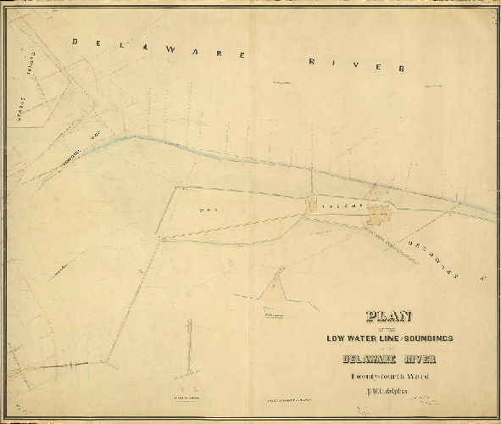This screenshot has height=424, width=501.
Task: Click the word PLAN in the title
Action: click(x=389, y=317)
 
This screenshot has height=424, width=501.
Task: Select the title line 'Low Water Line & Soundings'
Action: click(x=391, y=338)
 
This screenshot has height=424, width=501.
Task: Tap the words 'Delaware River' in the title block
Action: click(x=391, y=356)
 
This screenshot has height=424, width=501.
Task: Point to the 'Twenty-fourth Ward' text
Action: click(x=390, y=376)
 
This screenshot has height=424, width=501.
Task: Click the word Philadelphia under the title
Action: click(x=389, y=393)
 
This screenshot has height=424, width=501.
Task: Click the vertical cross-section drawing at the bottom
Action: click(x=189, y=348)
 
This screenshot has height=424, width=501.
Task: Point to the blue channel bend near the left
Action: click(x=127, y=137)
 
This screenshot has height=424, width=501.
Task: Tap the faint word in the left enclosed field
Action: click(x=204, y=210)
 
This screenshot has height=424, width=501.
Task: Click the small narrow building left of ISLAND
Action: click(x=311, y=204)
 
